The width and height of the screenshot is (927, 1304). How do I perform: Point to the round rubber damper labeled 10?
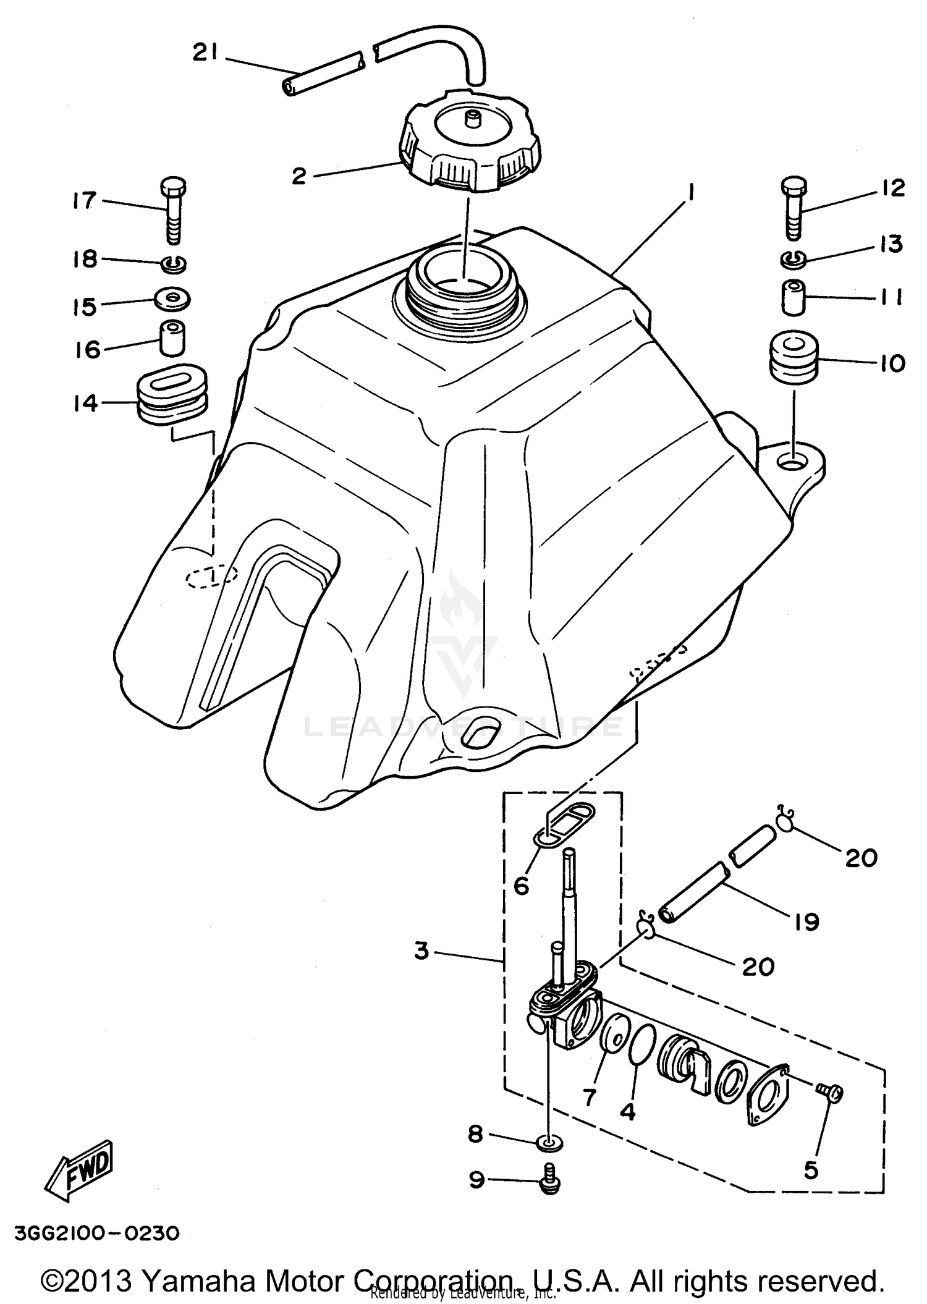point(794,357)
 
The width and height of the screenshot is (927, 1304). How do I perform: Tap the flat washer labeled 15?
point(172,299)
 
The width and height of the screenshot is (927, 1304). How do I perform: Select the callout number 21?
point(205,54)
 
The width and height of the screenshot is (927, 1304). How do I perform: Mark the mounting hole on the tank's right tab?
point(793,460)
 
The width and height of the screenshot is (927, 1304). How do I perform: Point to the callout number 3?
point(421,951)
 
